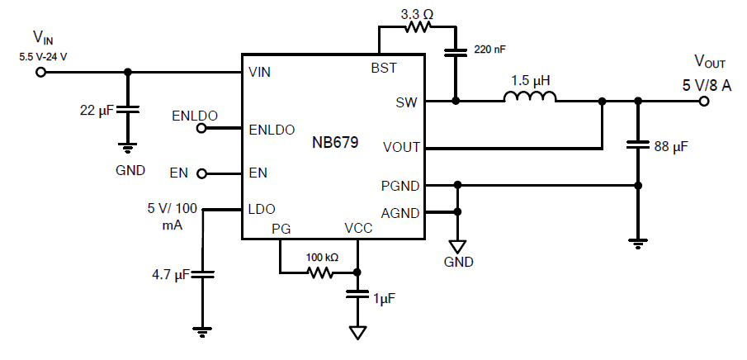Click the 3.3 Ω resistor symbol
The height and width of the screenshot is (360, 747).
pyautogui.click(x=417, y=26)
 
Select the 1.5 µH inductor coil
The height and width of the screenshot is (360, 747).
pyautogui.click(x=530, y=97)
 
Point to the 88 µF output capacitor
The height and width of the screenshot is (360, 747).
pyautogui.click(x=636, y=145)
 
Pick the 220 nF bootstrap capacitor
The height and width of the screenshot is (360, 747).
pyautogui.click(x=455, y=52)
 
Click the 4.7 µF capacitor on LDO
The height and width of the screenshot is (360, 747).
pyautogui.click(x=202, y=275)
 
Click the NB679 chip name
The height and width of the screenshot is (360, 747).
pyautogui.click(x=335, y=142)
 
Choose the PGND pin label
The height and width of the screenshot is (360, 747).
pyautogui.click(x=401, y=185)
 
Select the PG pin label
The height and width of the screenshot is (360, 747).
pyautogui.click(x=281, y=229)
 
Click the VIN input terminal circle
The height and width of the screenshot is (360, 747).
pyautogui.click(x=40, y=72)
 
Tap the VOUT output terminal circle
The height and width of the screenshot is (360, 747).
pyautogui.click(x=703, y=102)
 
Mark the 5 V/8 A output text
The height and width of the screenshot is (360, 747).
pyautogui.click(x=707, y=84)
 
